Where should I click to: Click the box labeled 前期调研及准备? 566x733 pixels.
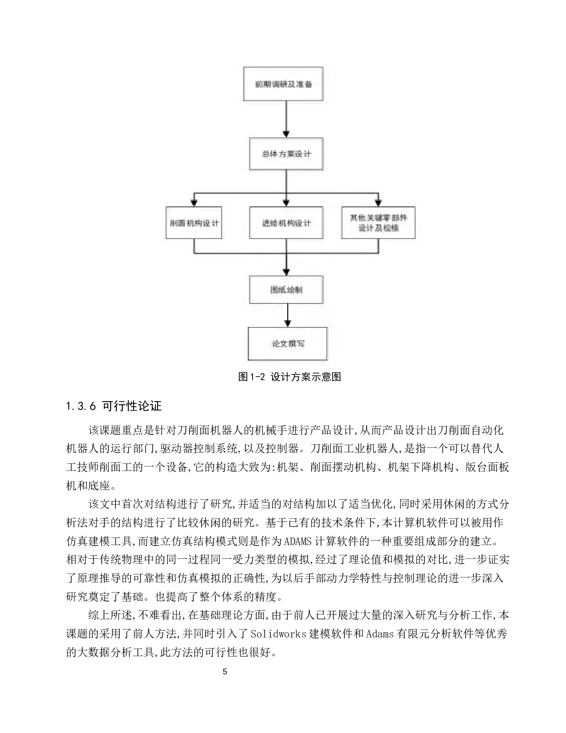[x=283, y=84]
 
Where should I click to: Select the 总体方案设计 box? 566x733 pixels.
[x=286, y=154]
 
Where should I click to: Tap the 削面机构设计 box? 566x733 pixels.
[x=194, y=223]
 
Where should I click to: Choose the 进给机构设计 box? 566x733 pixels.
[x=286, y=223]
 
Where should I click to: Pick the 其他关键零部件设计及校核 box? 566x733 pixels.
[x=378, y=223]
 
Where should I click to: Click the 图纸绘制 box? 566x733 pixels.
[x=286, y=290]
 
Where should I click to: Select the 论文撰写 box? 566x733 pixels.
[x=287, y=343]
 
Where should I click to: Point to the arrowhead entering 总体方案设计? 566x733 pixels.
[x=286, y=134]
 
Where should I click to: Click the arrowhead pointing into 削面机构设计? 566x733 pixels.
[x=194, y=203]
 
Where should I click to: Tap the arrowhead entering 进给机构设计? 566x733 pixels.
[x=286, y=203]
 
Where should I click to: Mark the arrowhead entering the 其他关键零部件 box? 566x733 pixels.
[x=378, y=203]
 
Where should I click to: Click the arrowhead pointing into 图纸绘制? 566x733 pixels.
[x=286, y=272]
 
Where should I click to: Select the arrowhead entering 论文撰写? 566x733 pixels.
[x=288, y=323]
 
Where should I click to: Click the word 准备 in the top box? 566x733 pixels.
[x=305, y=84]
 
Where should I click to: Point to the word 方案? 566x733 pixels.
[x=286, y=154]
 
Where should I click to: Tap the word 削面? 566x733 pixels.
[x=178, y=223]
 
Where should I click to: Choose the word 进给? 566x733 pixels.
[x=269, y=223]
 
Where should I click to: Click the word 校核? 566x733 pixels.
[x=391, y=228]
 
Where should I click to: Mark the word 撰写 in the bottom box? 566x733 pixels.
[x=296, y=343]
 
